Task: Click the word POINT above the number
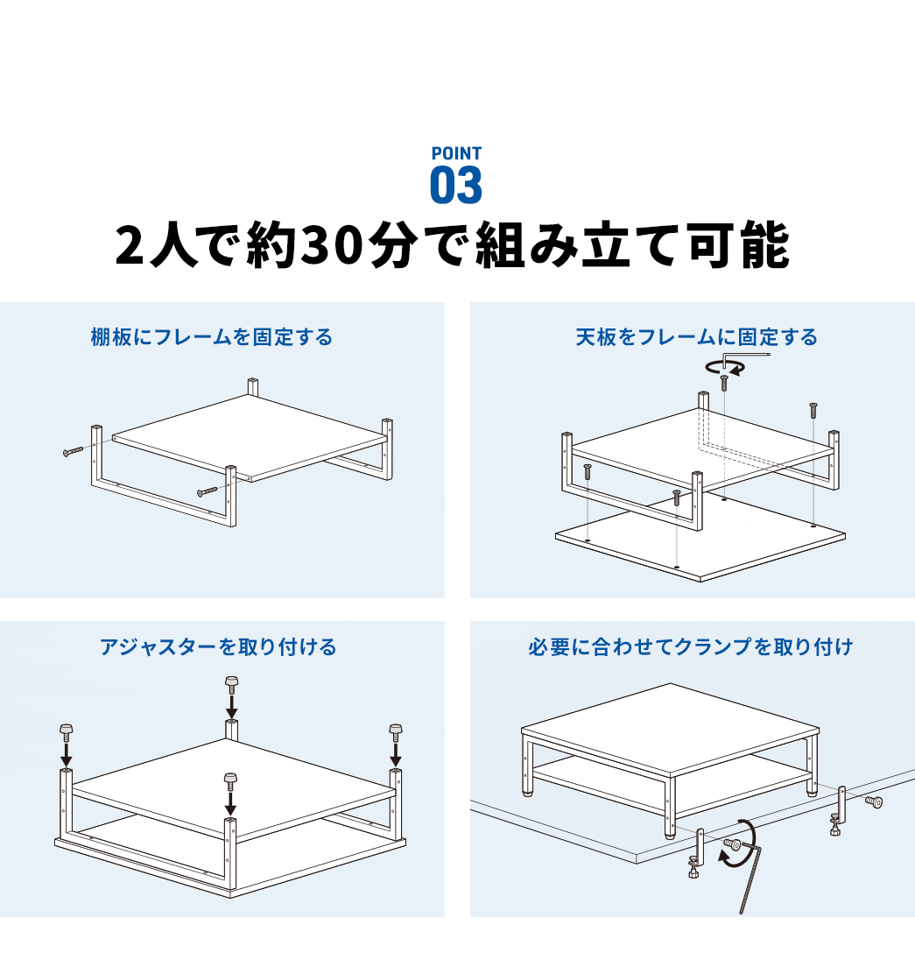click(456, 153)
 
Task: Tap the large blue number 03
click(456, 186)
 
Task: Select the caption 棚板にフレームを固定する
click(212, 337)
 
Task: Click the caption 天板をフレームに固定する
click(697, 337)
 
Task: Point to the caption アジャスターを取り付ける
click(218, 647)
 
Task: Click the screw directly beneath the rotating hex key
click(724, 382)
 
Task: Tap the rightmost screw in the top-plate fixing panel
click(813, 410)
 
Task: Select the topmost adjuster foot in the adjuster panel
click(232, 681)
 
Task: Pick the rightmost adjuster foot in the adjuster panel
click(395, 729)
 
